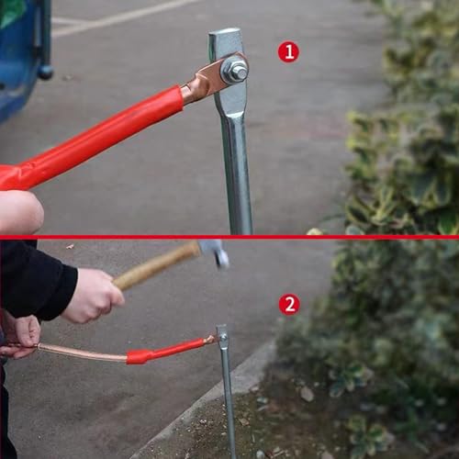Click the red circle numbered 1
click(x=288, y=52)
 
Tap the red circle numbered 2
click(x=289, y=304)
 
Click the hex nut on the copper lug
click(x=235, y=70)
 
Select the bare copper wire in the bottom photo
click(x=83, y=353)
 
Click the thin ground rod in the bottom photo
click(x=227, y=395)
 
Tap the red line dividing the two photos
click(x=229, y=237)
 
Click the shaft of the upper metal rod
click(x=238, y=174)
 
